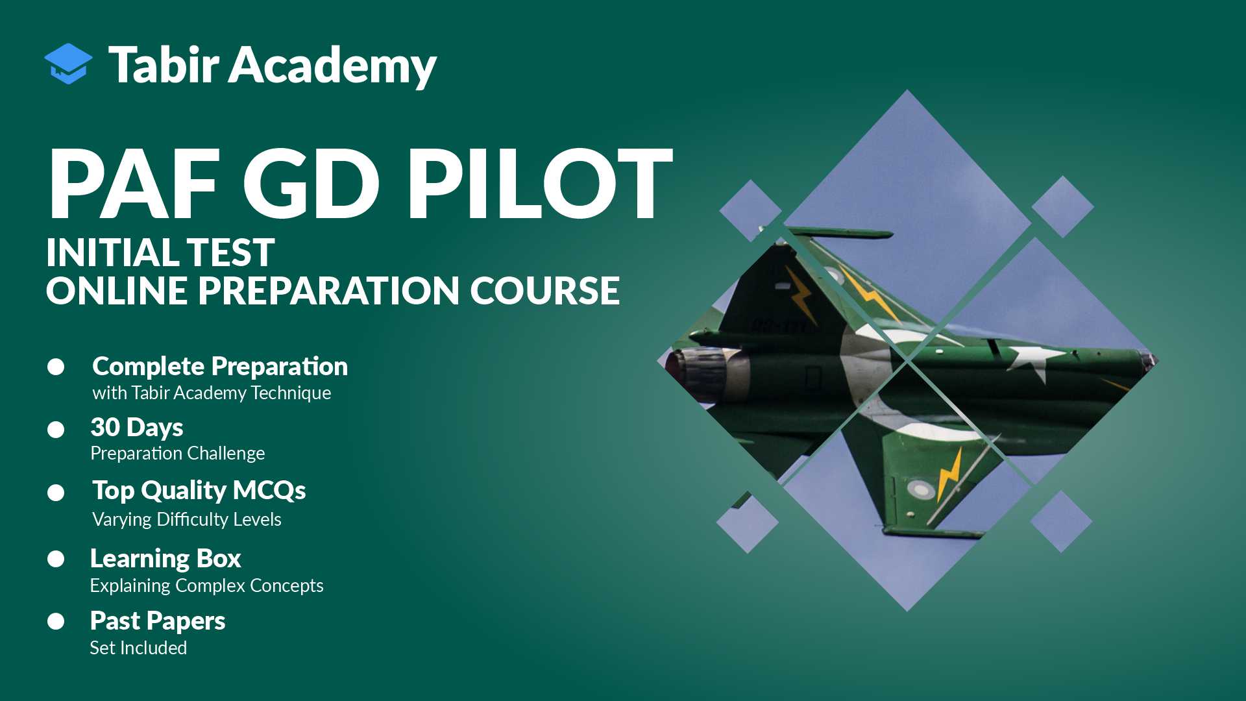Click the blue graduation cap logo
(x=68, y=64)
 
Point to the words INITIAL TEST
(x=160, y=252)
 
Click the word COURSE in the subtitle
(x=544, y=291)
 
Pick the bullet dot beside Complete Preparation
(x=56, y=367)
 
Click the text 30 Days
(x=137, y=428)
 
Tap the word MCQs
(x=269, y=491)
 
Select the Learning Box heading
(x=165, y=559)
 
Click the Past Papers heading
(x=158, y=621)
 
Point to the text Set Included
(x=138, y=648)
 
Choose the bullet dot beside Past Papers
(x=56, y=622)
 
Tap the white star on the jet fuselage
(x=1032, y=361)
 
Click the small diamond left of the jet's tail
(x=750, y=210)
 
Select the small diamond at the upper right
(x=1062, y=206)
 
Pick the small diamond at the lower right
(x=1061, y=522)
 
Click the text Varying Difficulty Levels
(x=187, y=519)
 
